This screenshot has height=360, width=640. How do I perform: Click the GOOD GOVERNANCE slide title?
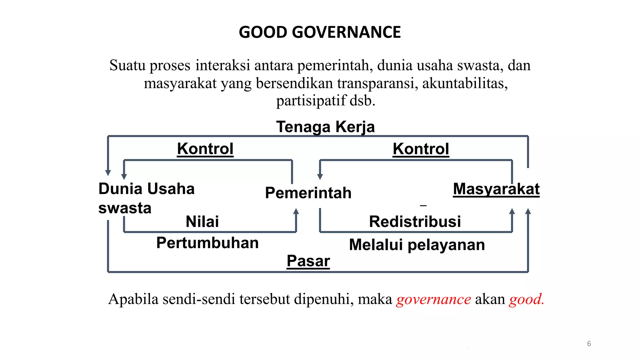pyautogui.click(x=320, y=32)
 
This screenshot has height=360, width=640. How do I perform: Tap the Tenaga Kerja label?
pyautogui.click(x=325, y=127)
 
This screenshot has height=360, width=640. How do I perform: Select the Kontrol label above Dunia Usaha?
pyautogui.click(x=205, y=149)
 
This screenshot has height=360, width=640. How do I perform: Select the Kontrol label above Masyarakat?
pyautogui.click(x=421, y=149)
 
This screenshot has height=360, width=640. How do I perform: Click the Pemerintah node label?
pyautogui.click(x=308, y=193)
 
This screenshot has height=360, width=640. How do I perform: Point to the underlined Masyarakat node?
pyautogui.click(x=496, y=189)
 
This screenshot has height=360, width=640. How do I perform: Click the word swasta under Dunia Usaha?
pyautogui.click(x=125, y=208)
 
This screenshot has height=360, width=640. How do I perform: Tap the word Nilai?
pyautogui.click(x=202, y=222)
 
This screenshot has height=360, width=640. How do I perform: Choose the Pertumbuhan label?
pyautogui.click(x=207, y=243)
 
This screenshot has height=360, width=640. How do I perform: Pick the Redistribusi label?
pyautogui.click(x=415, y=222)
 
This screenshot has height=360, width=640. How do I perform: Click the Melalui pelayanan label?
pyautogui.click(x=417, y=245)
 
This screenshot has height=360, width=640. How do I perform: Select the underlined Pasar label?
pyautogui.click(x=308, y=261)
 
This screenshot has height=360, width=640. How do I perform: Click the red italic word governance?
pyautogui.click(x=433, y=299)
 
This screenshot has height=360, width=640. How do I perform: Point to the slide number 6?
pyautogui.click(x=589, y=344)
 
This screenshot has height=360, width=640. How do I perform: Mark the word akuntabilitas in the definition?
pyautogui.click(x=465, y=83)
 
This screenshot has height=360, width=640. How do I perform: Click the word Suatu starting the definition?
pyautogui.click(x=127, y=66)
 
